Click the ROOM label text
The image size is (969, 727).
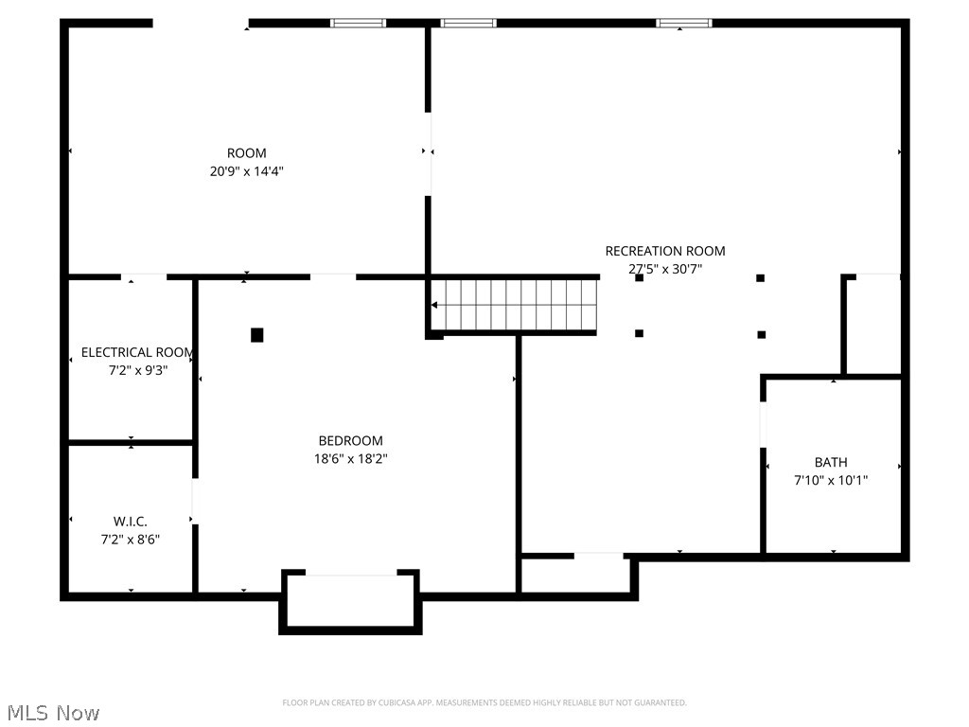tap(246, 153)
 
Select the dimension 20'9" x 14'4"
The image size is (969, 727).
tap(246, 172)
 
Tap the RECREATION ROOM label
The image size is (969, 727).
tap(665, 251)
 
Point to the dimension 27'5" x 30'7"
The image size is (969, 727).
tap(665, 269)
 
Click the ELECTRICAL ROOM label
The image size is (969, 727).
tap(137, 352)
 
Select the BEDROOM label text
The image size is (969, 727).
tap(350, 441)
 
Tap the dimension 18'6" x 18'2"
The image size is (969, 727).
tap(350, 459)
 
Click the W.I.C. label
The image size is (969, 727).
tap(131, 522)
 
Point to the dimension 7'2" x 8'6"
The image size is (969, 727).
tap(131, 540)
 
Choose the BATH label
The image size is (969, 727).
tap(831, 463)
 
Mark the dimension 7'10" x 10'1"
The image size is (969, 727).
tap(831, 481)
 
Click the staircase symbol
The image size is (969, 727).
tap(514, 305)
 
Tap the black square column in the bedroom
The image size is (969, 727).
tap(256, 335)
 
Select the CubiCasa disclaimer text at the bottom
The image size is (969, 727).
tap(484, 702)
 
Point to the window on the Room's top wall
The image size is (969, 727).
tap(358, 23)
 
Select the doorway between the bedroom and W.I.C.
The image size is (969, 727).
tap(195, 501)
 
